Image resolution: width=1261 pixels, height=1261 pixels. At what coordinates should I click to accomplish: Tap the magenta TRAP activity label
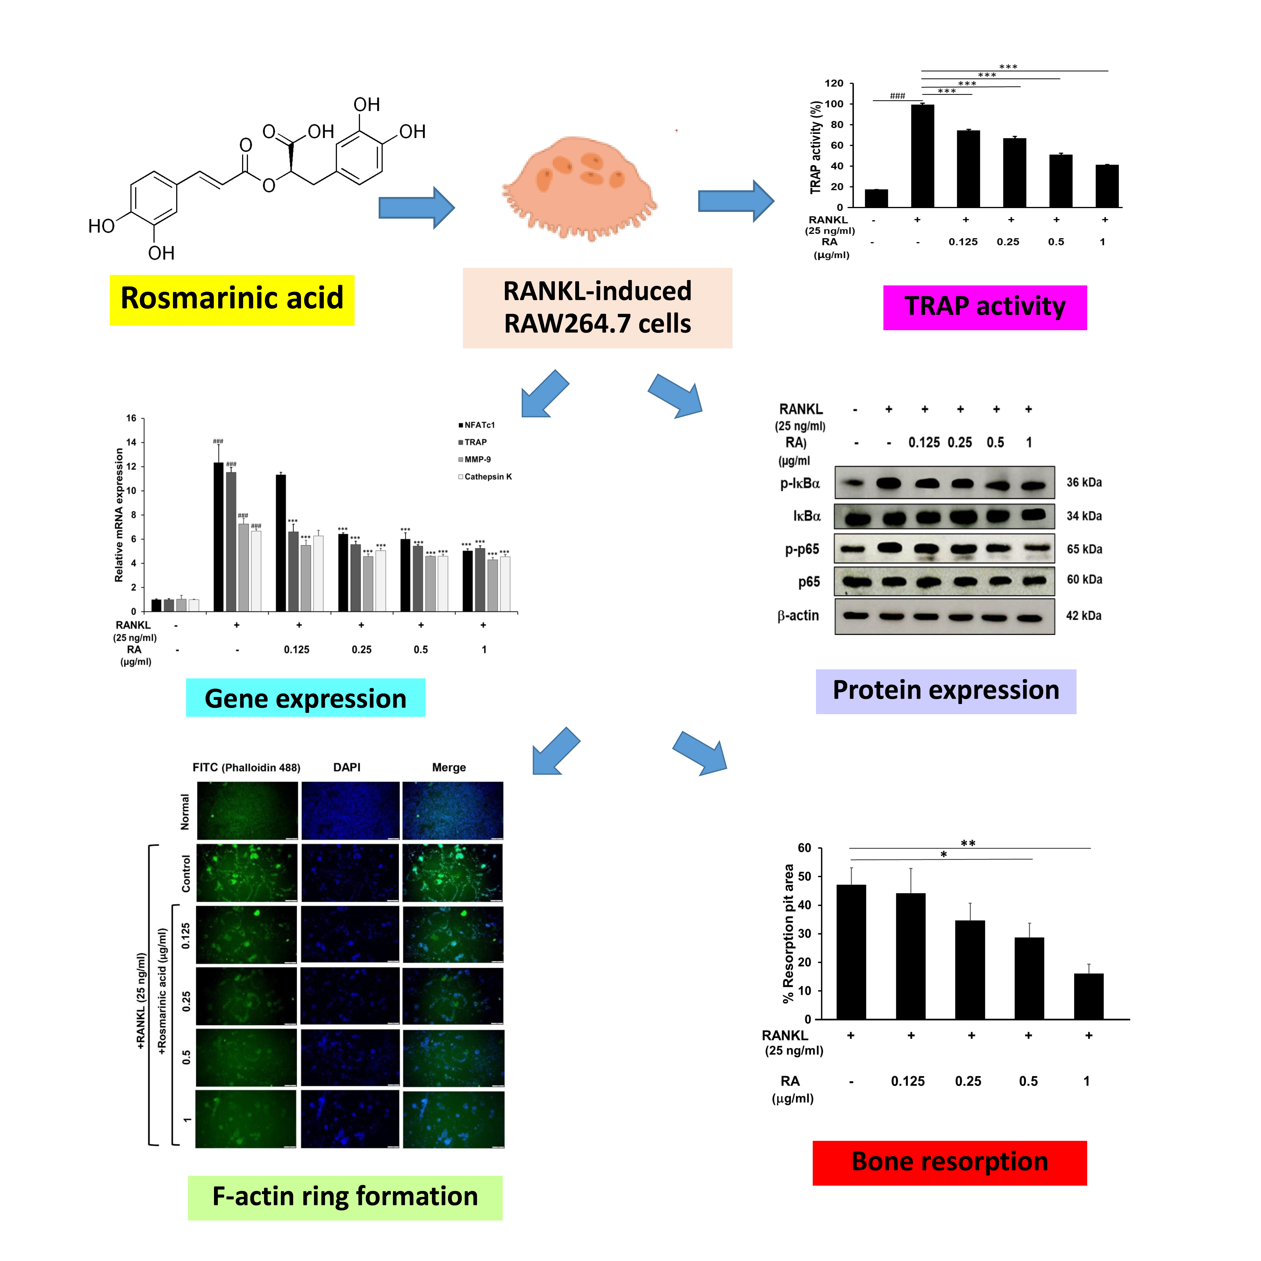coord(984,307)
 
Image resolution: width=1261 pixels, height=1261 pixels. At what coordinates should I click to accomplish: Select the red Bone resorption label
coord(949,1163)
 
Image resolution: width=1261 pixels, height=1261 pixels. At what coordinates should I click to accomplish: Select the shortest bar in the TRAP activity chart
coord(876,198)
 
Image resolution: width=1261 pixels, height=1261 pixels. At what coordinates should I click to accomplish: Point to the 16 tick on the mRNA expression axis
coord(131,418)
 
